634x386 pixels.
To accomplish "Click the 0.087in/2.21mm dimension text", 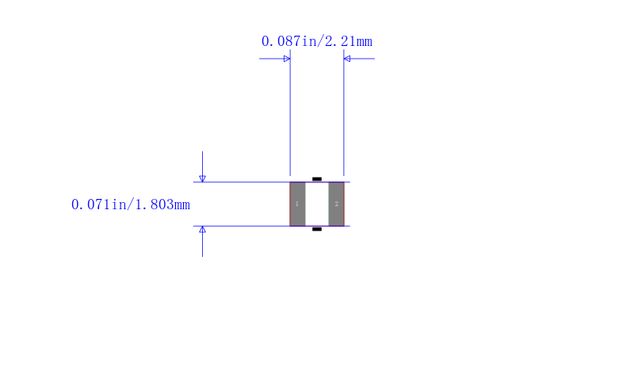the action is coord(316,41).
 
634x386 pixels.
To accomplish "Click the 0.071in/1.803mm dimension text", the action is coord(131,204).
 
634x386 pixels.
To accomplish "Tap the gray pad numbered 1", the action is coord(298,204).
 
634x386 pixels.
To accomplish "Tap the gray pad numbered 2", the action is coord(336,204).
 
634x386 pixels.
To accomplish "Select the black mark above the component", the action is coord(317,178).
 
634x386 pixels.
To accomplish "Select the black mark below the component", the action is coord(317,229).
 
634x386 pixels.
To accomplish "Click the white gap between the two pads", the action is coord(317,204).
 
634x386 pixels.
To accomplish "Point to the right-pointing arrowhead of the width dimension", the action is coord(287,59).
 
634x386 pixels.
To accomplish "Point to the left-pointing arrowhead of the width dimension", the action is coord(347,59).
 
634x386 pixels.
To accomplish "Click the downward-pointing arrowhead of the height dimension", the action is coord(203,178).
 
